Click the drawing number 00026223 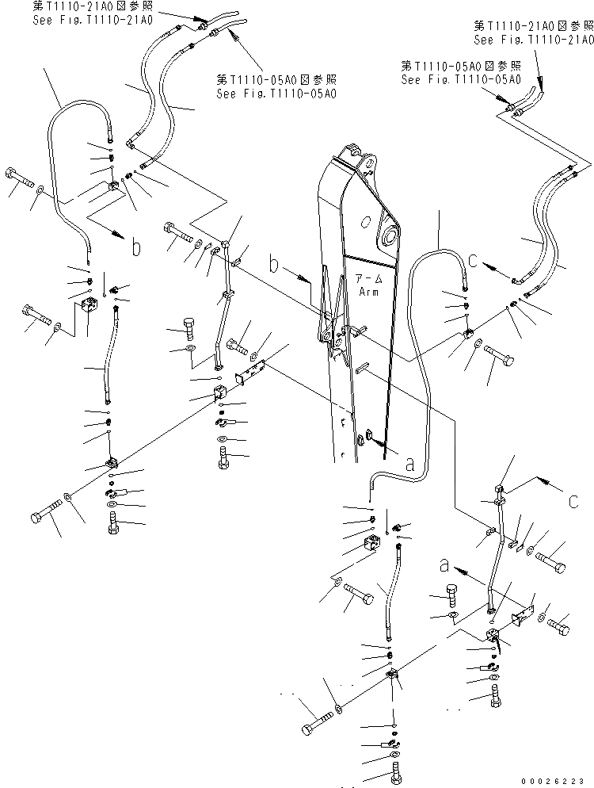pos(556,780)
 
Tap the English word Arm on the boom pos(367,292)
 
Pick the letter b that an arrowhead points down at pos(135,248)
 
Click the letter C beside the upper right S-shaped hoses pos(473,258)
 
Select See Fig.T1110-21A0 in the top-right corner pos(533,39)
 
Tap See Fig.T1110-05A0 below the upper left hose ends pos(276,93)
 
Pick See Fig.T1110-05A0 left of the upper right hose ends pos(460,79)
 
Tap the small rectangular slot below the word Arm pos(366,365)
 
